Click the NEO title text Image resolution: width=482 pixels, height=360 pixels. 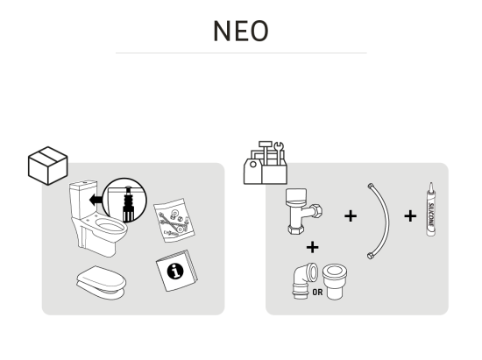(x=241, y=31)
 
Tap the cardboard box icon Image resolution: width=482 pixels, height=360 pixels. (x=47, y=166)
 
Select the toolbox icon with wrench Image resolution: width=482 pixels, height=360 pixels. (x=266, y=163)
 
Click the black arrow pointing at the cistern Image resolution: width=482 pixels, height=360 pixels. (x=96, y=201)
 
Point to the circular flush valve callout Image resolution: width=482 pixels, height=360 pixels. (x=124, y=201)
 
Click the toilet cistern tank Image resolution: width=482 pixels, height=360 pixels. (x=83, y=200)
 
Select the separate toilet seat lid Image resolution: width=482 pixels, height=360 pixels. (x=102, y=283)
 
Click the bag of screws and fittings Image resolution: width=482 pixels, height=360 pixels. (x=174, y=220)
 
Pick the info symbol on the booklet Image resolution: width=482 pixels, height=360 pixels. (x=175, y=272)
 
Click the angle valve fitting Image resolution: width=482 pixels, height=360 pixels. (x=304, y=211)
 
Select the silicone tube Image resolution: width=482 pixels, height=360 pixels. (x=431, y=209)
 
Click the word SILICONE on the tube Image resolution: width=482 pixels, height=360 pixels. (x=431, y=215)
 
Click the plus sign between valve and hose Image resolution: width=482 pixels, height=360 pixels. (x=351, y=216)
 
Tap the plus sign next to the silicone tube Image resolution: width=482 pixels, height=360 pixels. (x=410, y=216)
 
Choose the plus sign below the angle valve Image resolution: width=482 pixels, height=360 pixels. (x=312, y=247)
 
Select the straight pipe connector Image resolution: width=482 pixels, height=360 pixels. (x=335, y=281)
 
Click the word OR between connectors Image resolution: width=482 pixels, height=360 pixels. (x=317, y=292)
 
